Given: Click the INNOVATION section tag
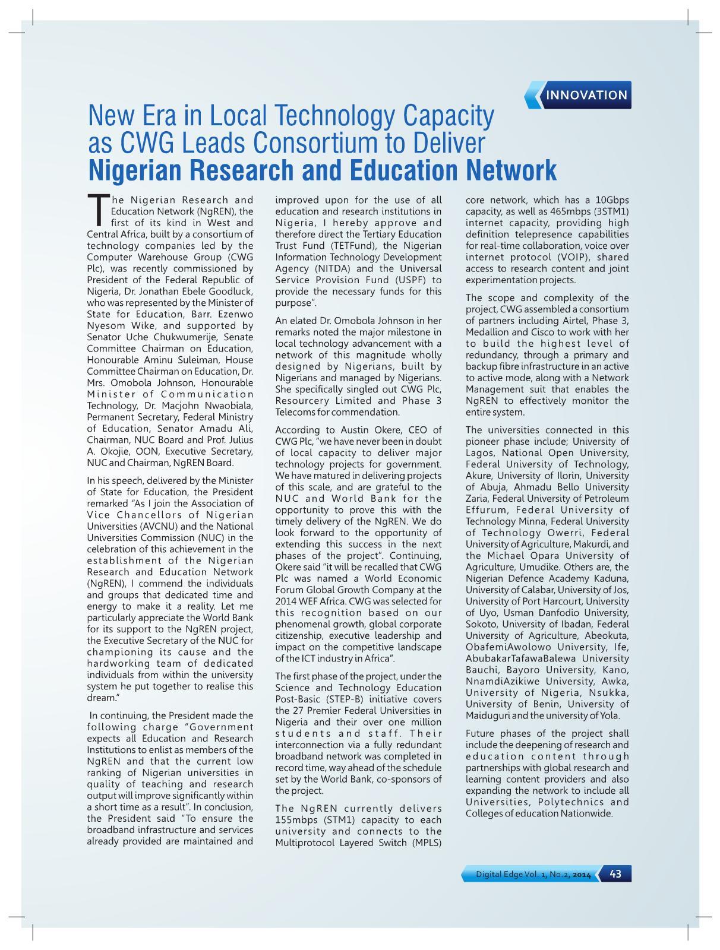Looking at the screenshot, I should point(586,95).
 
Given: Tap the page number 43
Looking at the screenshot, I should point(615,873).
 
